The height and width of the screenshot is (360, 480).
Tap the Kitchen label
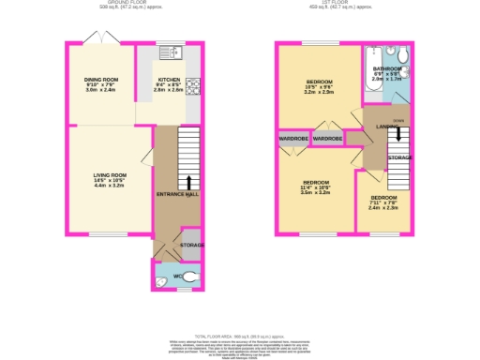[169, 81]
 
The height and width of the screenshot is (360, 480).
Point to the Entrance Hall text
[177, 194]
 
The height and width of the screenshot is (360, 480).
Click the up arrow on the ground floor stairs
[189, 180]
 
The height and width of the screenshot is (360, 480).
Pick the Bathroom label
[387, 69]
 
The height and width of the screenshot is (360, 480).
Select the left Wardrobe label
[292, 139]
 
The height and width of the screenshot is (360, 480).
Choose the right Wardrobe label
[327, 139]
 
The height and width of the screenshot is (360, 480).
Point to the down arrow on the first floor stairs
[400, 134]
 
